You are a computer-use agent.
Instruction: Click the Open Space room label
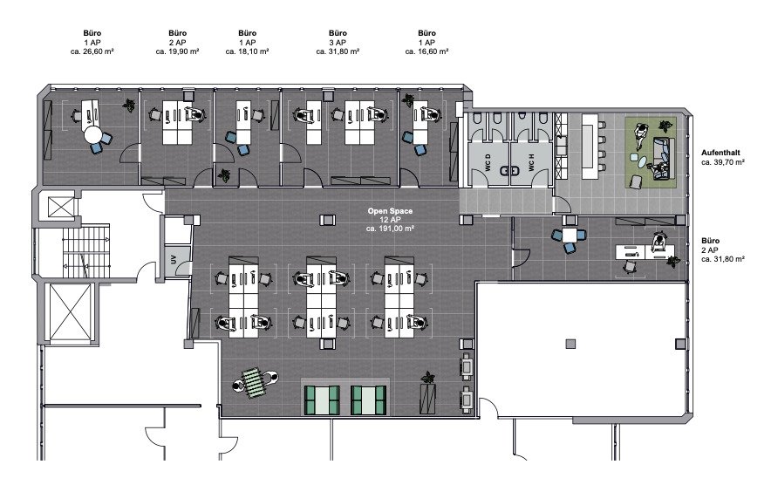pyautogui.click(x=390, y=211)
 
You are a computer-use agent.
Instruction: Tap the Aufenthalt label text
pyautogui.click(x=720, y=153)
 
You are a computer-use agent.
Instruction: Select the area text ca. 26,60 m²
pyautogui.click(x=92, y=51)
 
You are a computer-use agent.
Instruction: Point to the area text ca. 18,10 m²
pyautogui.click(x=247, y=51)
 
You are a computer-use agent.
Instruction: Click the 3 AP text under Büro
pyautogui.click(x=338, y=43)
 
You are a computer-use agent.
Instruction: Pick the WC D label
pyautogui.click(x=488, y=163)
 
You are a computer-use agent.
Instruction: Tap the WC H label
pyautogui.click(x=531, y=163)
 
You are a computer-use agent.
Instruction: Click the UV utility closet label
pyautogui.click(x=174, y=259)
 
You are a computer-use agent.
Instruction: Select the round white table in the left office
pyautogui.click(x=92, y=133)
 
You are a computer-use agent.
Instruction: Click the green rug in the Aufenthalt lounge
pyautogui.click(x=651, y=153)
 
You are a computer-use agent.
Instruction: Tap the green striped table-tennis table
pyautogui.click(x=255, y=381)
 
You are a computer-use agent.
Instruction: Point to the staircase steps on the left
pyautogui.click(x=86, y=252)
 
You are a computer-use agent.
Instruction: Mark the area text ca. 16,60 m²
pyautogui.click(x=427, y=51)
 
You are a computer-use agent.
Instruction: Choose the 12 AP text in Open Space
pyautogui.click(x=390, y=220)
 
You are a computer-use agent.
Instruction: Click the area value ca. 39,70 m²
pyautogui.click(x=723, y=162)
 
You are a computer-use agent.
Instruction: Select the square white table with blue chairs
pyautogui.click(x=570, y=235)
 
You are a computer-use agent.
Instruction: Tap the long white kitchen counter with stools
pyautogui.click(x=589, y=146)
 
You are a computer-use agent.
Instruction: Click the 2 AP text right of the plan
pyautogui.click(x=709, y=250)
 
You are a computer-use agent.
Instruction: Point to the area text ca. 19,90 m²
pyautogui.click(x=177, y=51)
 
